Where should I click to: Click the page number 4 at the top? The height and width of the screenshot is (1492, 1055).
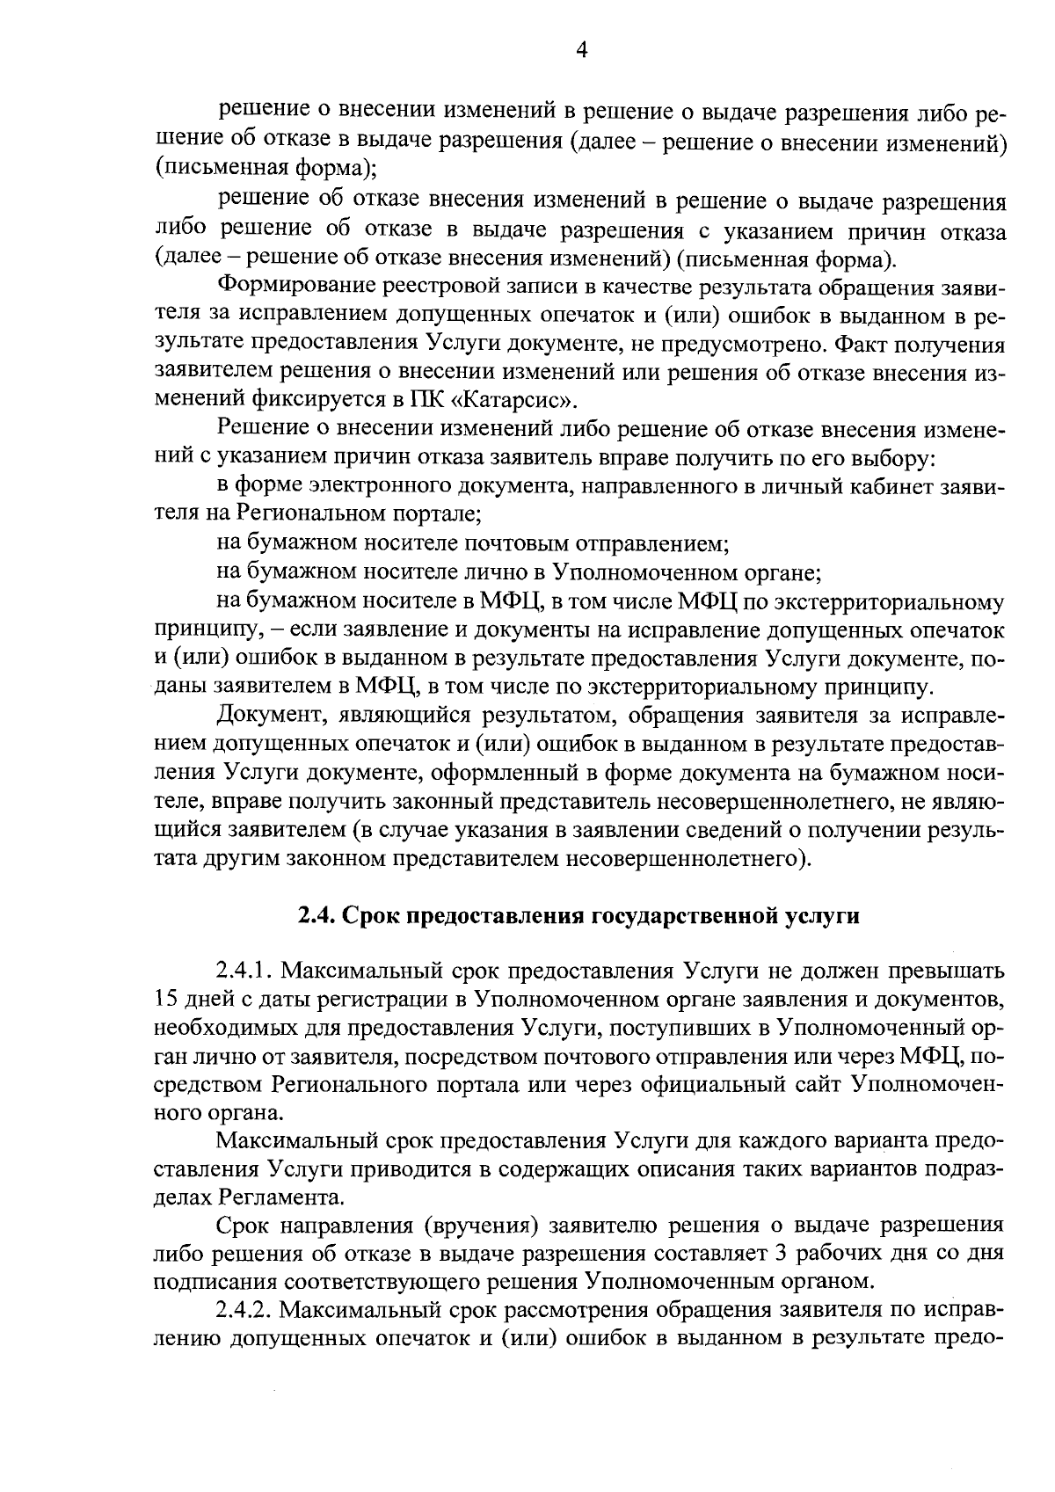click(x=580, y=50)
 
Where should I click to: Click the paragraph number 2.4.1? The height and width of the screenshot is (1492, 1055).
click(x=244, y=972)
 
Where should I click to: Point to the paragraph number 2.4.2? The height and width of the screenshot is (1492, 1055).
click(x=244, y=1310)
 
